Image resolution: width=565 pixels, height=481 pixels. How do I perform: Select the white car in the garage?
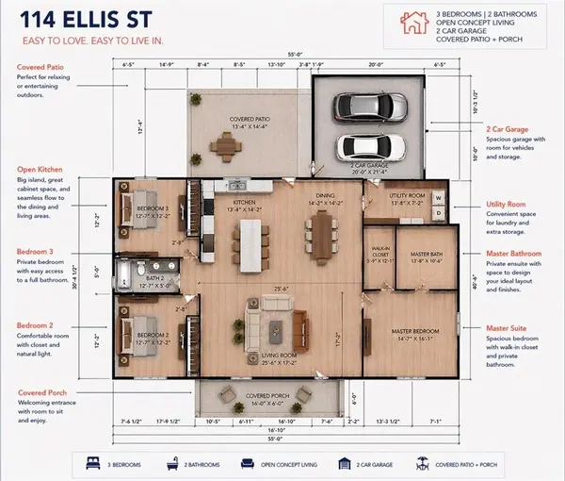(371, 147)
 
